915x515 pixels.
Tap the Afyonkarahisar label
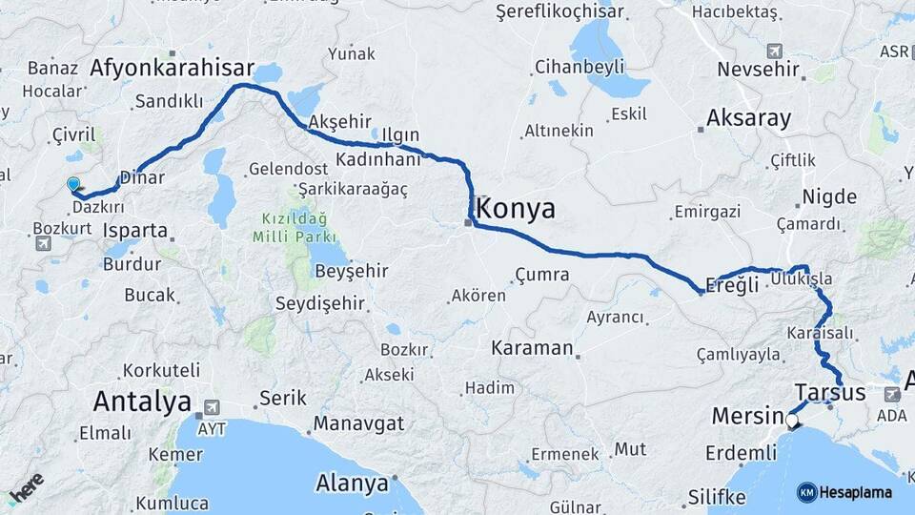[173, 68]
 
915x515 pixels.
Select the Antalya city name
[142, 402]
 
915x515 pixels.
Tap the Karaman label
[533, 348]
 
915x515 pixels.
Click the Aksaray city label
[748, 119]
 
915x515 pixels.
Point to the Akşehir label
[339, 122]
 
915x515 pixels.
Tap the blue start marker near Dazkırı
[73, 183]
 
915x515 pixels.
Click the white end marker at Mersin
[791, 418]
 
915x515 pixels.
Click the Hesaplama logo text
[855, 492]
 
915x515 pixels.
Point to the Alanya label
[352, 483]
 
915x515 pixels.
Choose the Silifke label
[716, 497]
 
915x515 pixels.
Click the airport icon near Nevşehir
[774, 51]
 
